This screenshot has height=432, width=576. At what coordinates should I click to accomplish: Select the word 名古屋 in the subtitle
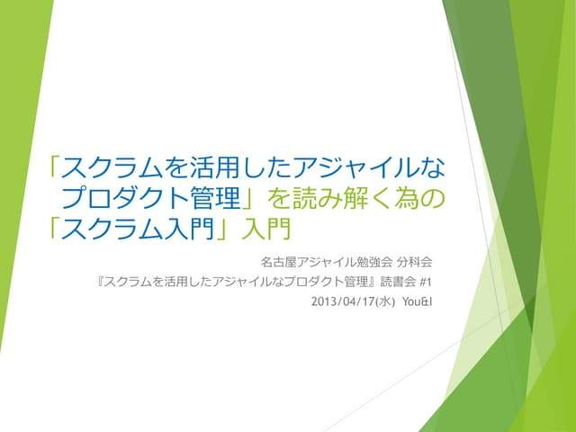point(275,262)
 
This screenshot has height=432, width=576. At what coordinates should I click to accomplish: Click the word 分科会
point(415,262)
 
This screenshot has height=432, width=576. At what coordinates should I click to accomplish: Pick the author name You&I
point(417,300)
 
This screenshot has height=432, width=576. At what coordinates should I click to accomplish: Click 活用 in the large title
point(247,168)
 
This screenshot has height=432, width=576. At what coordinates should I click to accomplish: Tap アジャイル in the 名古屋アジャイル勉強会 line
point(323,262)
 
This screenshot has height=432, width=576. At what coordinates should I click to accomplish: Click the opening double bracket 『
point(100,281)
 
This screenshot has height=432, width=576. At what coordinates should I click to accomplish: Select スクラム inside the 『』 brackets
point(129,281)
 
